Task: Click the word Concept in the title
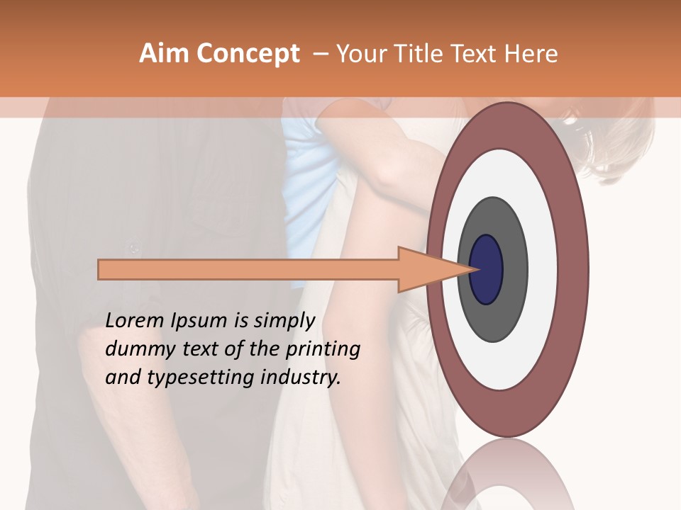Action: tap(248, 54)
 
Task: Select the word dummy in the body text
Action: tap(136, 349)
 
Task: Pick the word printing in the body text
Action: tap(323, 349)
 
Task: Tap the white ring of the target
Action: tap(546, 269)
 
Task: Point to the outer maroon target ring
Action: tap(576, 269)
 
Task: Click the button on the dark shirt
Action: tap(132, 247)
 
